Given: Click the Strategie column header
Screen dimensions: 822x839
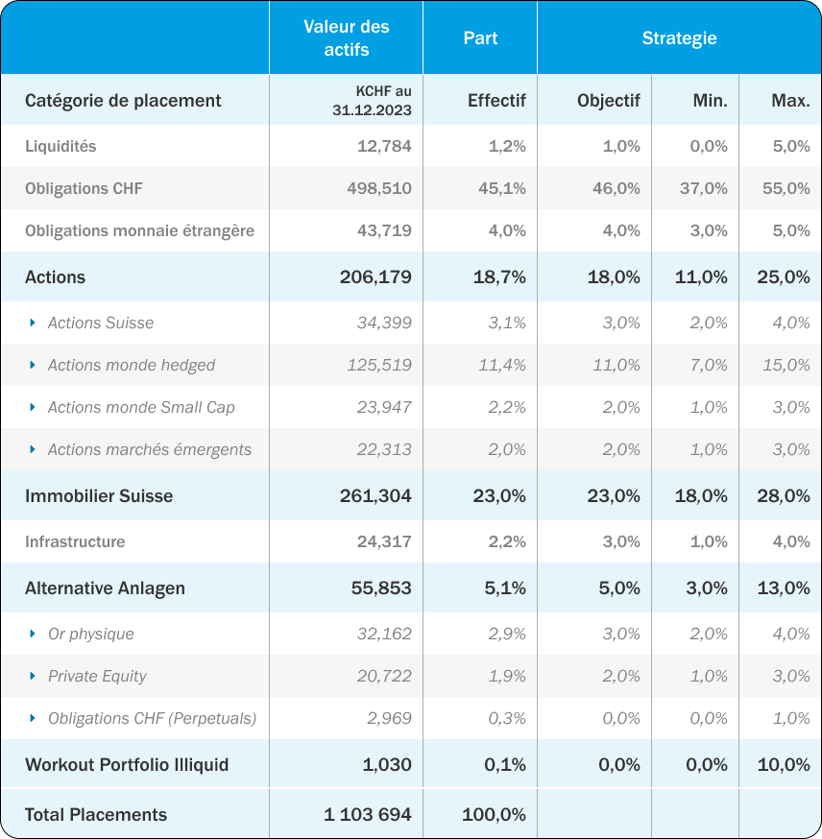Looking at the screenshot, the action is pos(679,38).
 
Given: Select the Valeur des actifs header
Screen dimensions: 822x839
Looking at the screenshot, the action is pos(347,38).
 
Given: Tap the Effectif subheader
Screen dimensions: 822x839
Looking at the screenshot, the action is pos(496,100).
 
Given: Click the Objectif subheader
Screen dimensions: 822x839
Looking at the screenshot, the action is pos(609,100).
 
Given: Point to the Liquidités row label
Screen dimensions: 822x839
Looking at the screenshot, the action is pos(60,146).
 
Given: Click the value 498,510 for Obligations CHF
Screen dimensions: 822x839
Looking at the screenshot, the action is pos(379,188).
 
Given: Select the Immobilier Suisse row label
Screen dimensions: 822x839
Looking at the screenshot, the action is pos(99,496).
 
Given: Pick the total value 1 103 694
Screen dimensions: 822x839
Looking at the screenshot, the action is pos(368,814).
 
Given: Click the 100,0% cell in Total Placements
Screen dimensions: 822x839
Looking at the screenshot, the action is pos(494,814).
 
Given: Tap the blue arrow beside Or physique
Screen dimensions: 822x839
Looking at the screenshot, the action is pos(33,634).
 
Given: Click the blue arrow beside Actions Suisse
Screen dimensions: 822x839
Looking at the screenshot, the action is pos(33,323).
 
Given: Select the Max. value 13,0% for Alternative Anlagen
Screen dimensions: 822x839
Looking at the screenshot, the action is pos(784,588).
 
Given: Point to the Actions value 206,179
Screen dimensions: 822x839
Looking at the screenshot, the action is pos(375,277).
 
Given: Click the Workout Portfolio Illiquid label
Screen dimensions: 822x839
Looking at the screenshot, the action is pos(127,765).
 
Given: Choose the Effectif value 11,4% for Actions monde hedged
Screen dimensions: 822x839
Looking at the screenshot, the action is pos(502,365).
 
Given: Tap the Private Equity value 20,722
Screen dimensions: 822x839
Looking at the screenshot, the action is pos(384,676).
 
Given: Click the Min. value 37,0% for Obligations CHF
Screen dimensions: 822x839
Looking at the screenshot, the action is pos(704,188).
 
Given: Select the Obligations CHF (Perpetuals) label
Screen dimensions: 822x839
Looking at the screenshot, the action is pos(153,718).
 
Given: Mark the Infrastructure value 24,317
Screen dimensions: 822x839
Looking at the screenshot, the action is pos(384,541).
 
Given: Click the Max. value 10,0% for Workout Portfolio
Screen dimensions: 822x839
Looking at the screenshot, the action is pos(784,765).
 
